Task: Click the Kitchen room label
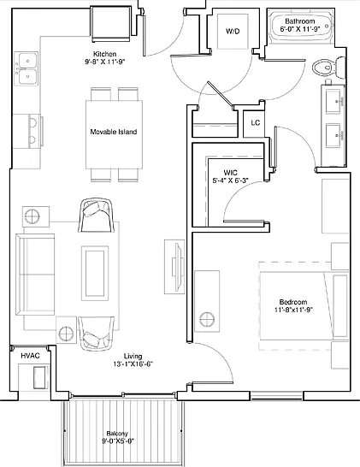(105, 54)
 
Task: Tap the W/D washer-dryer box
(233, 32)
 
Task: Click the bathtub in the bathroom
(301, 27)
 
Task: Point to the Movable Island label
(114, 132)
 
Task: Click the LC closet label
(255, 122)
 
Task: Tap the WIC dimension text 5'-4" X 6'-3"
(231, 180)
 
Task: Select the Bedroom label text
(293, 302)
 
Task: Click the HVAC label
(30, 356)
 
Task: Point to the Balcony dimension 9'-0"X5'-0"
(118, 441)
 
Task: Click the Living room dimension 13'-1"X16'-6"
(133, 364)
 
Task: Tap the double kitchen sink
(27, 68)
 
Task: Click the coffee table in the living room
(95, 273)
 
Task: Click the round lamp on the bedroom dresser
(207, 320)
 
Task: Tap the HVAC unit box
(40, 378)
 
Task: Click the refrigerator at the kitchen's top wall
(111, 24)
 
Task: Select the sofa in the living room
(35, 275)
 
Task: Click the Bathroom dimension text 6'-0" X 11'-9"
(300, 29)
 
